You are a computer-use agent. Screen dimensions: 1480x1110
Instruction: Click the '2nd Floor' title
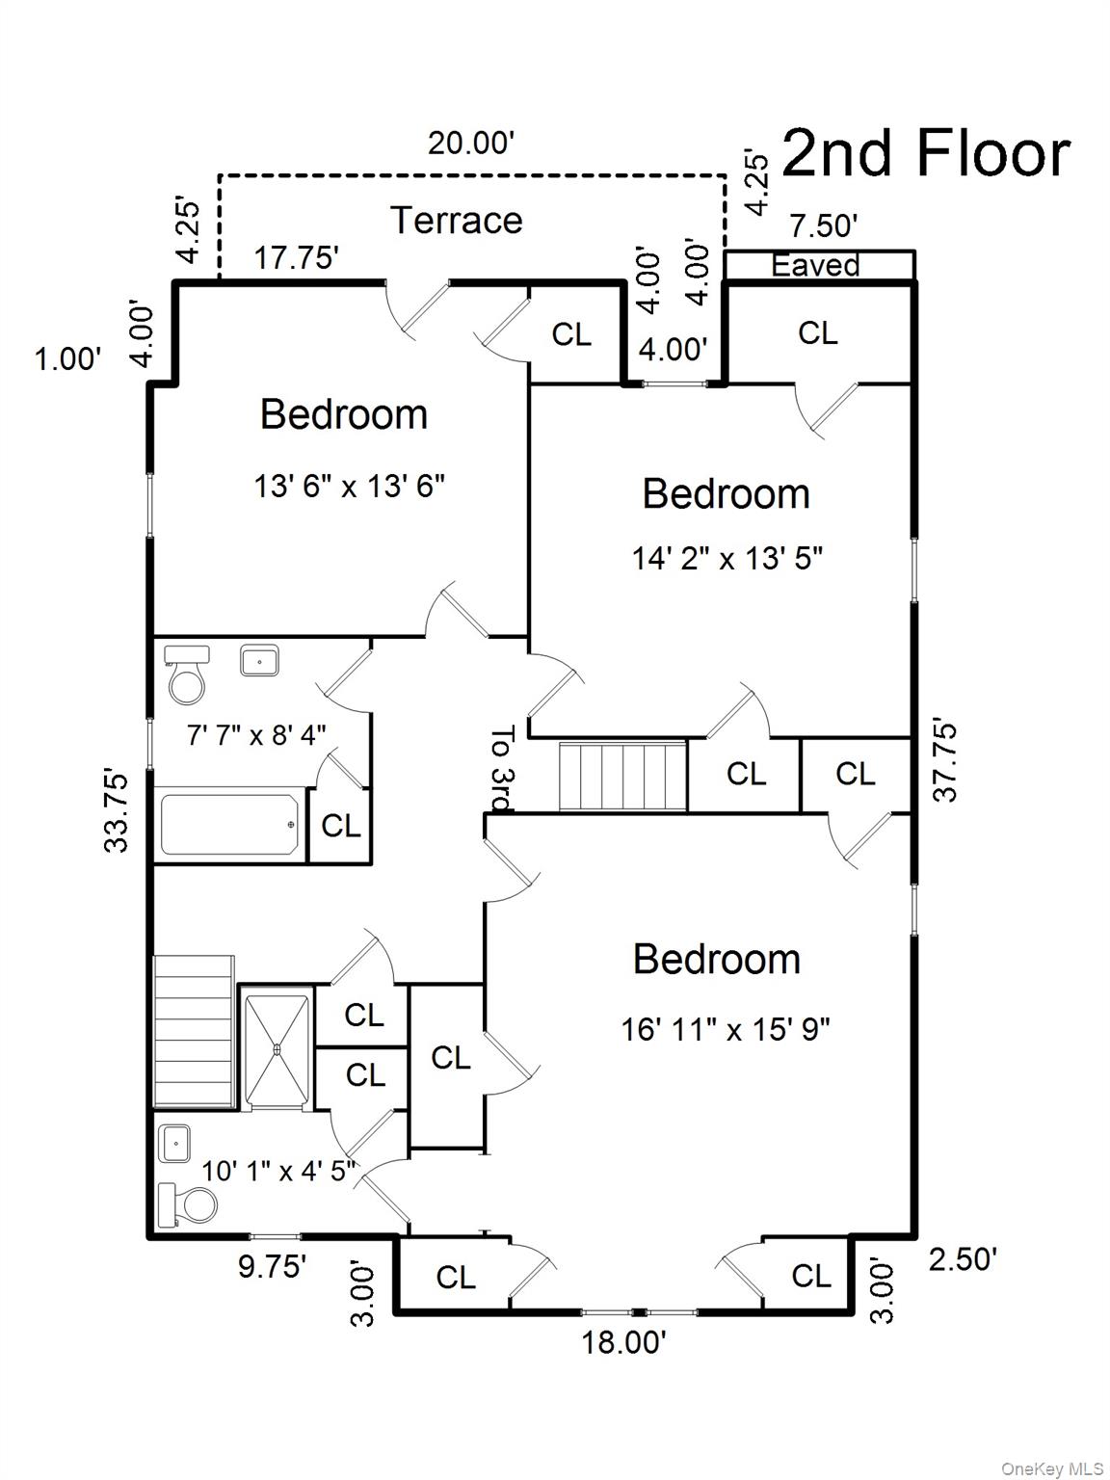tap(925, 154)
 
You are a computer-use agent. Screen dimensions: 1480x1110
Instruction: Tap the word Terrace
tap(457, 221)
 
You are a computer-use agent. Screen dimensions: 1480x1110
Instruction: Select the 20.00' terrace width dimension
tap(472, 144)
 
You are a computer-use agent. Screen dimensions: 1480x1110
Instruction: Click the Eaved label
tap(815, 265)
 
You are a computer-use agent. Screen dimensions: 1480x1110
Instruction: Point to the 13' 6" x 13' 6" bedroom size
tap(349, 486)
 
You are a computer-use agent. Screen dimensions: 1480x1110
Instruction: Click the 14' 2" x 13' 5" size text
tap(727, 558)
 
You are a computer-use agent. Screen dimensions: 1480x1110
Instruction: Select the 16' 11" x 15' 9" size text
tap(726, 1030)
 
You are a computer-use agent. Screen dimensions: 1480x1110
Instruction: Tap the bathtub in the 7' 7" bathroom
tap(229, 824)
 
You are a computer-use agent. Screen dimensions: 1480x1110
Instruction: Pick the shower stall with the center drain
tap(277, 1049)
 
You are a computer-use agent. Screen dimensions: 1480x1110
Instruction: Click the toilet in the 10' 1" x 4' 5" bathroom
tap(190, 1205)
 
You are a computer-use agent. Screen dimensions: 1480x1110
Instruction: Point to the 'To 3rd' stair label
tap(502, 769)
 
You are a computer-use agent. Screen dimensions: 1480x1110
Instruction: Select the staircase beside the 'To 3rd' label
tap(622, 777)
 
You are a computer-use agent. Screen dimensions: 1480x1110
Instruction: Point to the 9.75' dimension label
tap(273, 1266)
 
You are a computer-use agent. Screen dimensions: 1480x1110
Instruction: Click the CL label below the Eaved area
tap(817, 333)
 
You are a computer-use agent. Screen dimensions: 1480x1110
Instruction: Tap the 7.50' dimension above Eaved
tap(823, 226)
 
